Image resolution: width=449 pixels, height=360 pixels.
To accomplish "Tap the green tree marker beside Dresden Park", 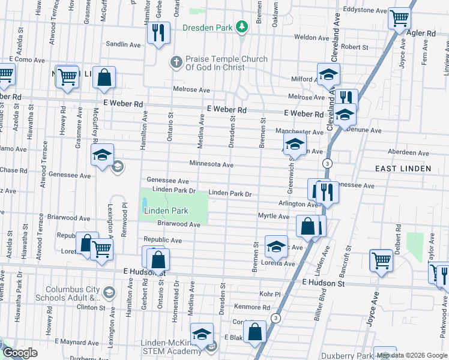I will click(x=241, y=26).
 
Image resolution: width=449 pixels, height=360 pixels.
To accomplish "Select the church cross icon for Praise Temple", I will click(x=176, y=62).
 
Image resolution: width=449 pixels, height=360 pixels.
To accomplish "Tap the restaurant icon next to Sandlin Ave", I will click(x=158, y=32).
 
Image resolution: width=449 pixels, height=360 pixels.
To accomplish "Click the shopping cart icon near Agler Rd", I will click(x=399, y=18).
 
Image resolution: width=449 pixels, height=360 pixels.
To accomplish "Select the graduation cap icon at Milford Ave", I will click(x=328, y=74).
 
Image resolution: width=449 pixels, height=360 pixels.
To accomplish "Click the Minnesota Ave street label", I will click(x=211, y=164).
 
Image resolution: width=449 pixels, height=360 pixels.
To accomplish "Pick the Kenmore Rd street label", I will click(x=253, y=307).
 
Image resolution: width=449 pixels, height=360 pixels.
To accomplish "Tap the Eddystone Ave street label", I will click(x=365, y=11).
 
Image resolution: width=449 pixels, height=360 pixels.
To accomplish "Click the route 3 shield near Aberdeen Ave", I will click(x=327, y=163).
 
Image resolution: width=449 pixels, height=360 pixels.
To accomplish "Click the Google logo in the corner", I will click(x=20, y=353).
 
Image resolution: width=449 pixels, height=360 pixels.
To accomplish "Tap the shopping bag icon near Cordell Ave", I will click(x=255, y=333).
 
